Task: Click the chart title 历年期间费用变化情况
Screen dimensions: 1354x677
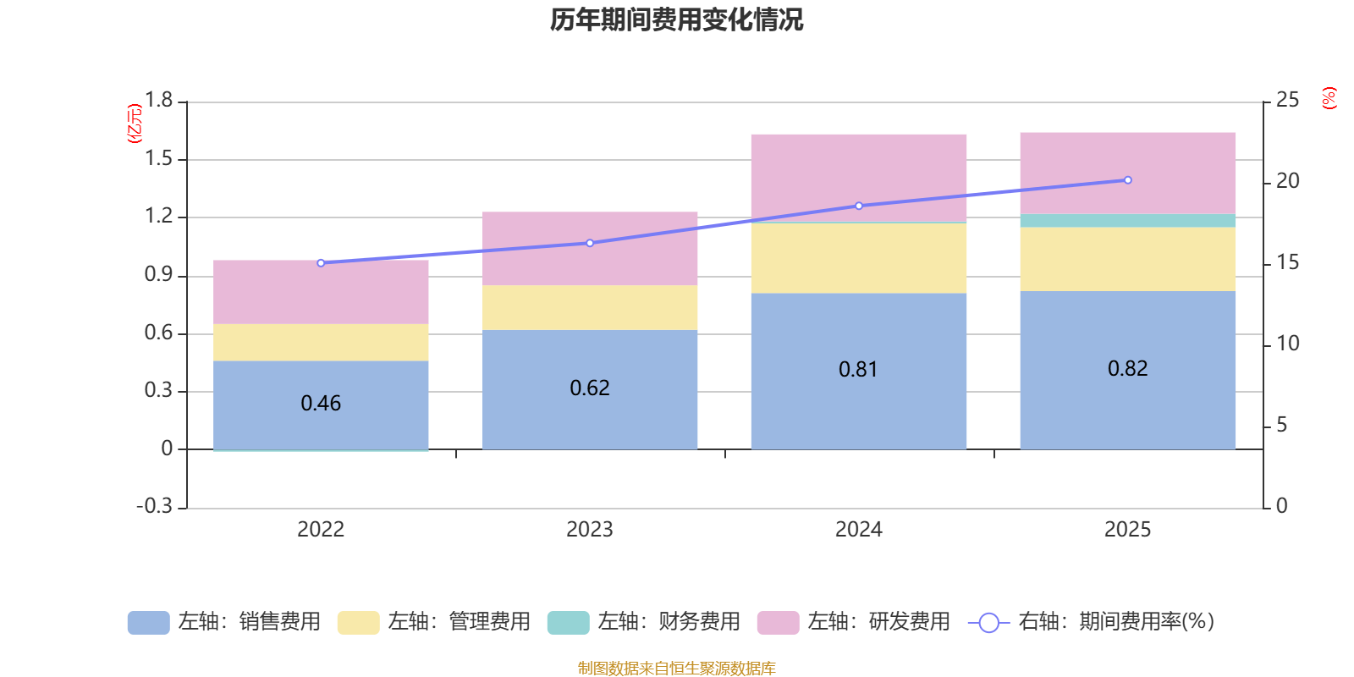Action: [676, 20]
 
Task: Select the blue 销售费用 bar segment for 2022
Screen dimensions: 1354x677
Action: [321, 405]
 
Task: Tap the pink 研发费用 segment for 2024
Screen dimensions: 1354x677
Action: [859, 178]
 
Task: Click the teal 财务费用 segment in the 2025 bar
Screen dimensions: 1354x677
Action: [1128, 221]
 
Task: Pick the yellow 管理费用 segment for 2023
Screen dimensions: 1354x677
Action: [590, 307]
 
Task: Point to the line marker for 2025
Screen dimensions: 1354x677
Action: [1128, 180]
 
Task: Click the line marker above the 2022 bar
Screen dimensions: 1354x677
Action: [321, 263]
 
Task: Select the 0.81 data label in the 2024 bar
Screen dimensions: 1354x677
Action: [858, 369]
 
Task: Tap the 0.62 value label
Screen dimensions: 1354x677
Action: [590, 388]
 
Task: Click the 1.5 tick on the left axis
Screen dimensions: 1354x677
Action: [158, 158]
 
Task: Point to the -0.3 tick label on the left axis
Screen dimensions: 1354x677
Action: [155, 506]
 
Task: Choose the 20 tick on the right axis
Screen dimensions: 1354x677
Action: [1287, 181]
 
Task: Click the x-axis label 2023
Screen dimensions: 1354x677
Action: [590, 530]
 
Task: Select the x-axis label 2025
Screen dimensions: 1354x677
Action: [1128, 530]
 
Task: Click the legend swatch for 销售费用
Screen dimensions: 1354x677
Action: [149, 623]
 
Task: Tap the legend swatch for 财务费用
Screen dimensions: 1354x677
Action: [568, 623]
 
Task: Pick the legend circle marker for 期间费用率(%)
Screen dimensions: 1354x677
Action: [989, 623]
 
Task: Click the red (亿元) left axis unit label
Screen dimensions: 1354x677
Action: [135, 124]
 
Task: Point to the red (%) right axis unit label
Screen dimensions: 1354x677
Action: [1329, 98]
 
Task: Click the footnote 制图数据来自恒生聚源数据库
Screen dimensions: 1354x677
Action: [676, 668]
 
